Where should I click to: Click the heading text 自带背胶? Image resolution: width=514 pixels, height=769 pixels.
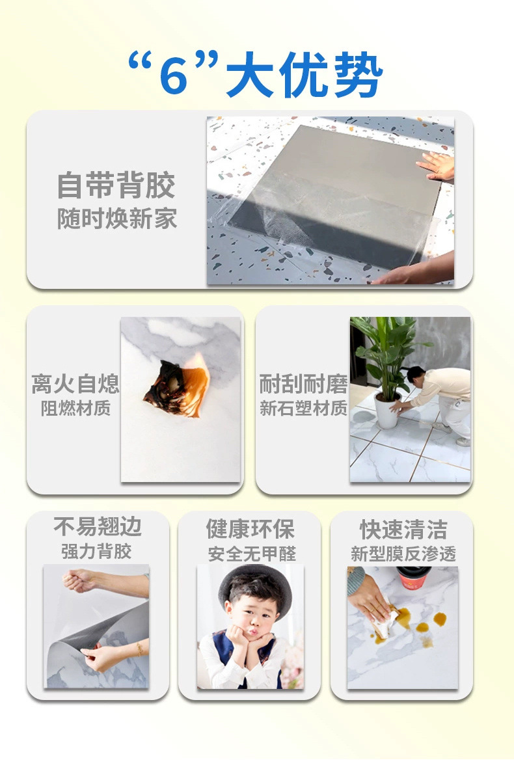click(x=116, y=185)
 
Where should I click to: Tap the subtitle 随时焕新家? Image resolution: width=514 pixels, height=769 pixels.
click(x=116, y=219)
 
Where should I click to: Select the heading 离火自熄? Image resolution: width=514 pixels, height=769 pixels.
click(x=75, y=384)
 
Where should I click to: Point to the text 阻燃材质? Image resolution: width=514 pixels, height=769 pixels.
click(x=75, y=409)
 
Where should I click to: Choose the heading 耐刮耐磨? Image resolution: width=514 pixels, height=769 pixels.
click(x=303, y=384)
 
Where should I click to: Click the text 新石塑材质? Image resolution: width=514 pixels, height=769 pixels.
click(x=303, y=409)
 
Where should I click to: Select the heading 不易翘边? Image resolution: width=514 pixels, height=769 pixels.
click(x=98, y=527)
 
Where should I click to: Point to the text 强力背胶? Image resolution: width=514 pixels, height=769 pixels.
click(x=97, y=552)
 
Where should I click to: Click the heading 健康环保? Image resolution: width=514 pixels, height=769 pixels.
click(x=250, y=529)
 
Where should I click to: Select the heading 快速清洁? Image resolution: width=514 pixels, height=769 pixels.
click(x=403, y=529)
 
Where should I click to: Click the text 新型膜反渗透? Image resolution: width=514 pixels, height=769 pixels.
click(x=403, y=554)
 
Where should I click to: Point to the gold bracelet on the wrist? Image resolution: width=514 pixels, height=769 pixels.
click(x=139, y=648)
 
